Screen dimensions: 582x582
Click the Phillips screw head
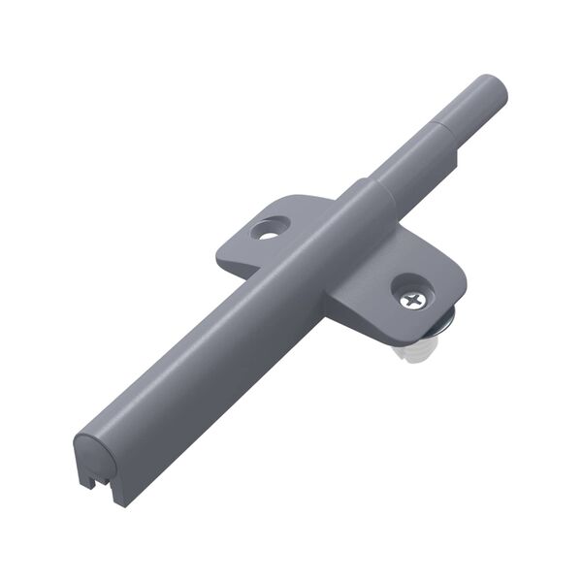[x=413, y=299]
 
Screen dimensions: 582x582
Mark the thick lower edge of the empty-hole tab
[x=238, y=264]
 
